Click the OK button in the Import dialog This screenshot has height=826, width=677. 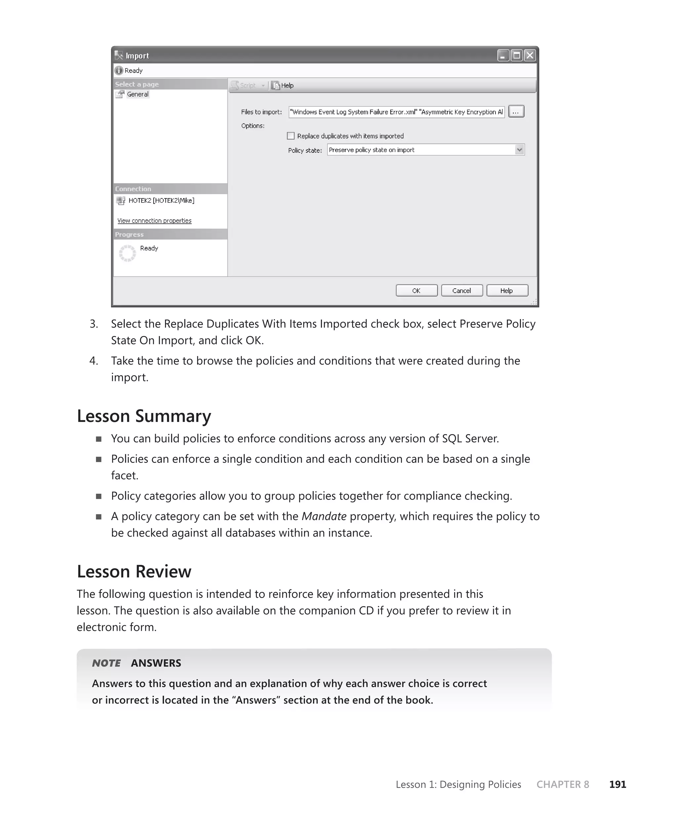(x=416, y=291)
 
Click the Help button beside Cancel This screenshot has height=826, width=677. (x=506, y=291)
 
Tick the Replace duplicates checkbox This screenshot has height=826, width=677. (x=291, y=136)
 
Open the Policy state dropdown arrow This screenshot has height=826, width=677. (x=519, y=150)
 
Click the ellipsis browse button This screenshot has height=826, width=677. (x=516, y=112)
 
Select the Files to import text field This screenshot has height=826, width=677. (x=396, y=112)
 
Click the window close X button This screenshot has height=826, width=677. (x=530, y=55)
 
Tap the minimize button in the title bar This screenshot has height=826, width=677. (x=503, y=55)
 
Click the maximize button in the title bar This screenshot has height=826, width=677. (x=516, y=55)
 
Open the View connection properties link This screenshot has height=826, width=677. (x=154, y=221)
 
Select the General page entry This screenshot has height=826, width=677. (x=137, y=94)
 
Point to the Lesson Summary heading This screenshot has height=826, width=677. (x=144, y=416)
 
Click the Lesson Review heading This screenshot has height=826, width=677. (x=134, y=572)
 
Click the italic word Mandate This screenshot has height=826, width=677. (x=324, y=516)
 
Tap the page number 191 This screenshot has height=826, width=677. (x=617, y=784)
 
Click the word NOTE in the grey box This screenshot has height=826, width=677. (x=106, y=663)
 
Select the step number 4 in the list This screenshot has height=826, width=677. (x=93, y=361)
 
